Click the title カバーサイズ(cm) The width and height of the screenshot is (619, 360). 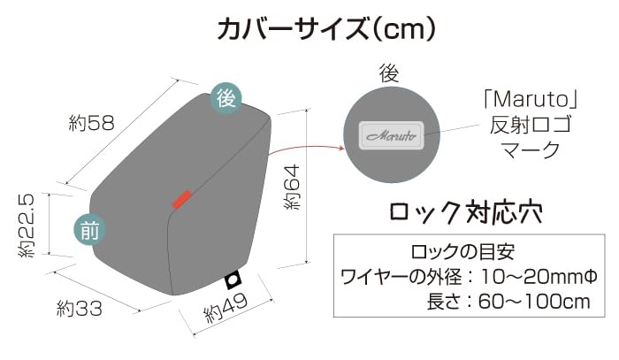click(326, 29)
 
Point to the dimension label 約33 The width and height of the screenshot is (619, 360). click(80, 309)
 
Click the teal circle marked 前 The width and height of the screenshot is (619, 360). click(89, 231)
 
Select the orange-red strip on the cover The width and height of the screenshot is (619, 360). click(181, 200)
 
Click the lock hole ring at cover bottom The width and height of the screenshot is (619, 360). click(233, 281)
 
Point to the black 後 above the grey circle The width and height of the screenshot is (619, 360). click(389, 73)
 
